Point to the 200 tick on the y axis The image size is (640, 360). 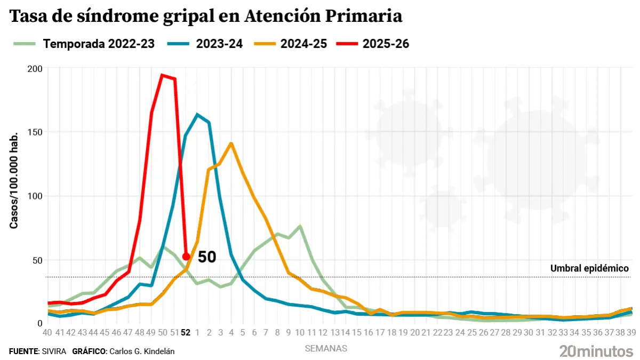pos(34,68)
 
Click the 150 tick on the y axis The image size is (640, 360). pos(34,132)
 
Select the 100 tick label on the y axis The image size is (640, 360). pos(34,196)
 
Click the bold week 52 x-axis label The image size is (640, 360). pos(186,332)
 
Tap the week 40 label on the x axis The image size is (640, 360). pos(47,332)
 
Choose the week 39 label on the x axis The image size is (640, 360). pos(631,332)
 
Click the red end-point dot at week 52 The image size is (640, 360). pos(186,257)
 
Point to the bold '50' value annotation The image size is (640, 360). pos(207,257)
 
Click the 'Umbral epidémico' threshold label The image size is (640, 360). pos(589,268)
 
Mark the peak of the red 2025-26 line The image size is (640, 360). pos(162,75)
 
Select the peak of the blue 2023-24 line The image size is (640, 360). pos(197,114)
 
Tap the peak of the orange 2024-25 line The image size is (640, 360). pos(231,143)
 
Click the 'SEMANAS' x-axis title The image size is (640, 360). pos(326,348)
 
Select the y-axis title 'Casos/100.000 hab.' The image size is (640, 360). pos(14,180)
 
